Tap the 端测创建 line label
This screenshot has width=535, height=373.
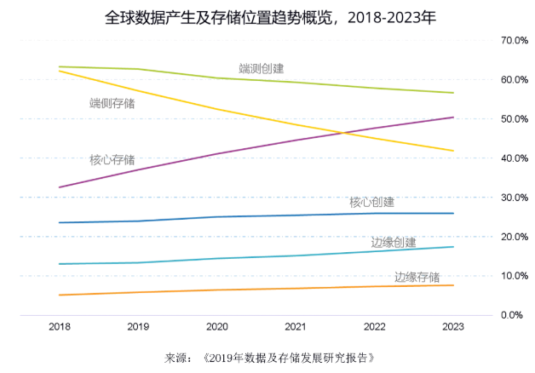[x=262, y=68]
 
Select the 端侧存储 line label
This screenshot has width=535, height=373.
[x=112, y=104]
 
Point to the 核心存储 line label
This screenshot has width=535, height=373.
[x=112, y=159]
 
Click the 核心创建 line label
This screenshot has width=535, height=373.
[x=371, y=203]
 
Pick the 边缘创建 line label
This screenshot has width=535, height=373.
[x=394, y=243]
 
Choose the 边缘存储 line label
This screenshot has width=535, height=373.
[x=417, y=278]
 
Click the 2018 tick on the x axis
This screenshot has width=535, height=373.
[x=60, y=326]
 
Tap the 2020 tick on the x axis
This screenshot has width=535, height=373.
[x=216, y=326]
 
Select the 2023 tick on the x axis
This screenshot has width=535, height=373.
[x=452, y=326]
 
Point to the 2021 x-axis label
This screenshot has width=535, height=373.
[x=295, y=326]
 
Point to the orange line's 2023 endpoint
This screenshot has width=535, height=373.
[x=452, y=285]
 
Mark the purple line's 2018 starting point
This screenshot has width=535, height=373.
[x=60, y=186]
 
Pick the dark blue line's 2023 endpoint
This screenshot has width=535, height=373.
[x=452, y=213]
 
